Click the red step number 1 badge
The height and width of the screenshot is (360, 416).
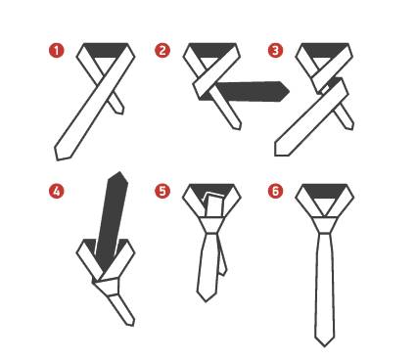pos(57,51)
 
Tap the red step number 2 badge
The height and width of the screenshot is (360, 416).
pos(162,51)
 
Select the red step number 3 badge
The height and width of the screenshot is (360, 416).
pos(276,51)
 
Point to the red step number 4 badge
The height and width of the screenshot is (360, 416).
pos(57,191)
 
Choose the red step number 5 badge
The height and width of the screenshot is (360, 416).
pos(162,191)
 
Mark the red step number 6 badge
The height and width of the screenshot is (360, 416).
pos(276,191)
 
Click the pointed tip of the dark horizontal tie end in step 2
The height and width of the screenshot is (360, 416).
pos(289,91)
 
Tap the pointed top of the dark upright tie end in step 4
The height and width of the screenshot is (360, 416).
pos(120,172)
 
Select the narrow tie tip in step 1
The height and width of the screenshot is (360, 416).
pos(121,113)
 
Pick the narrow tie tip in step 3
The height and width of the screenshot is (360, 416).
pos(351,129)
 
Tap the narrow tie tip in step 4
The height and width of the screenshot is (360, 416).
pos(132,325)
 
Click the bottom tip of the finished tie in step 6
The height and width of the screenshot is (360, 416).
pos(324,346)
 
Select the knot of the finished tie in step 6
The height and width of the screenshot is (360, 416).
pos(324,225)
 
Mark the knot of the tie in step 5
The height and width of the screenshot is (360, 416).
pos(211,225)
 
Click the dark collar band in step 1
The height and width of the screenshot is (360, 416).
pos(106,50)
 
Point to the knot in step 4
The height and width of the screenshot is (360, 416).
pos(107,286)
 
